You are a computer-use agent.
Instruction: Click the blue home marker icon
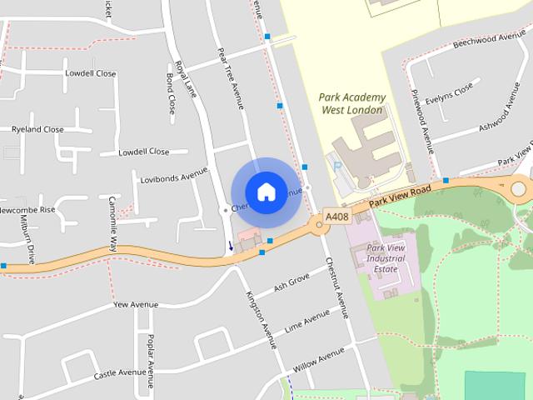(x=266, y=192)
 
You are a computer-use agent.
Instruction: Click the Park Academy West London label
(x=351, y=103)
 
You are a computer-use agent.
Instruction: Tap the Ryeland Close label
(x=37, y=129)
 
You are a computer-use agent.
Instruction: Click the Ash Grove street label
(x=291, y=283)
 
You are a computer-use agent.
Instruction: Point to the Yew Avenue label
(x=135, y=305)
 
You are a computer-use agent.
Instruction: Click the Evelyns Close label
(x=449, y=93)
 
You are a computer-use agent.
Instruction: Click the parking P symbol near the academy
(x=338, y=167)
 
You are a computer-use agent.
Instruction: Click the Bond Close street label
(x=170, y=93)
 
